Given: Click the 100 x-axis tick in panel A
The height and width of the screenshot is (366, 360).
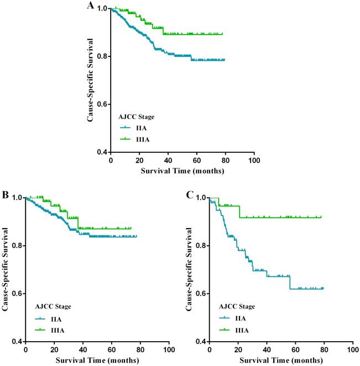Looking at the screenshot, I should point(254,161).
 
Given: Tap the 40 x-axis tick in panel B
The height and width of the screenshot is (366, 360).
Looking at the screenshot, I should point(83,350).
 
